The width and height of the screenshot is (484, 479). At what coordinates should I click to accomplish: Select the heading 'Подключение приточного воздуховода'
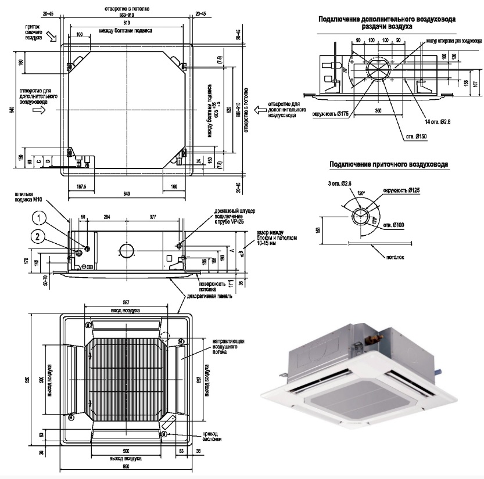coord(389,165)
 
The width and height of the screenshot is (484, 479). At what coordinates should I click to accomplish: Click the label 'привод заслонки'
coord(210,436)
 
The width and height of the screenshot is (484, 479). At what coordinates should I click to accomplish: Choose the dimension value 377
coord(153,215)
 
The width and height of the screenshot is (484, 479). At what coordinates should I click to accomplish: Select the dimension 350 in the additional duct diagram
coord(378,110)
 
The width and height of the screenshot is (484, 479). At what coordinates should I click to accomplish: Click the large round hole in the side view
coord(126,251)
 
